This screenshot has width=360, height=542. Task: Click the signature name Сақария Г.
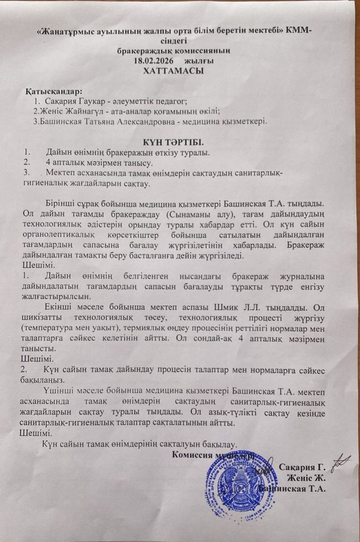pyautogui.click(x=303, y=467)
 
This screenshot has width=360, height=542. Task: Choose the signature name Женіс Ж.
pyautogui.click(x=307, y=477)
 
